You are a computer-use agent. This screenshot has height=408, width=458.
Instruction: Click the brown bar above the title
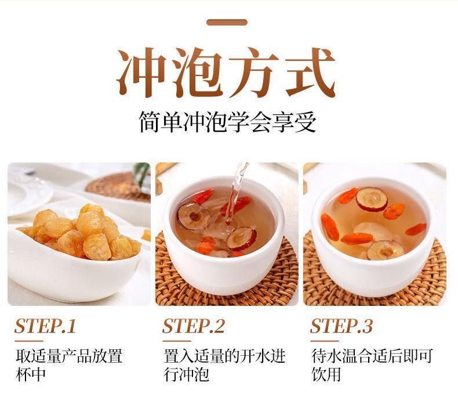227,22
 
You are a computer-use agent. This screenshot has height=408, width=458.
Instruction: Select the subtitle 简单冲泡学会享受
227,122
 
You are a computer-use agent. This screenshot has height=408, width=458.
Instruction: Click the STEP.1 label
45,326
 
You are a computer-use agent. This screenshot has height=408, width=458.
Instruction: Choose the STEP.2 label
194,326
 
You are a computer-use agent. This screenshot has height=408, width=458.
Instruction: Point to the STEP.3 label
341,326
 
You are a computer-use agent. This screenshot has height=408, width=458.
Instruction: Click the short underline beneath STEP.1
28,341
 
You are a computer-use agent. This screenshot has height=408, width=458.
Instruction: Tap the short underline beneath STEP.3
325,341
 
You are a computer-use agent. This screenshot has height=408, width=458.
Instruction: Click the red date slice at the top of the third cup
372,200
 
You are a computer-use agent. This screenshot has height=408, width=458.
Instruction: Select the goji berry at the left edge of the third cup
330,227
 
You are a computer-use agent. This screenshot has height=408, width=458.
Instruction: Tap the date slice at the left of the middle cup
194,216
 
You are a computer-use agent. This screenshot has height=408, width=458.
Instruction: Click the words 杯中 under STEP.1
31,374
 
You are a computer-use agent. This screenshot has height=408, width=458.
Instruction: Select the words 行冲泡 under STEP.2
186,374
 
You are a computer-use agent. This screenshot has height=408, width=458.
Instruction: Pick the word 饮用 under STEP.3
326,374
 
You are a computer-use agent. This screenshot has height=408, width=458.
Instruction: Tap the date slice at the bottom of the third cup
386,250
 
